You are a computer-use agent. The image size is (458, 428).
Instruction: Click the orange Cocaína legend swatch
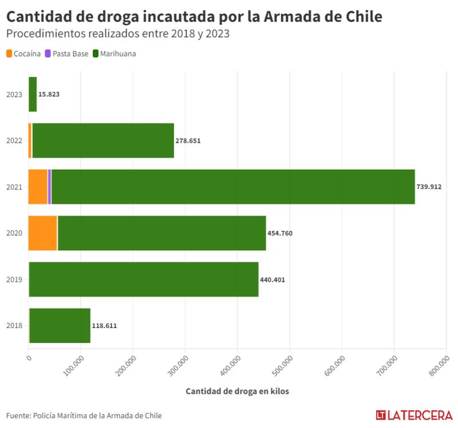(x=9, y=54)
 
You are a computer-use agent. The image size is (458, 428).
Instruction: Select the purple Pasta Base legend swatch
(x=49, y=54)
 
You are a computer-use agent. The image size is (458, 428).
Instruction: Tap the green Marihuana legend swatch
(x=96, y=54)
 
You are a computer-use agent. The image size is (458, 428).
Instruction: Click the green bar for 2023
(x=33, y=94)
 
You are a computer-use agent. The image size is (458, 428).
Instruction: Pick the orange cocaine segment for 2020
(x=43, y=233)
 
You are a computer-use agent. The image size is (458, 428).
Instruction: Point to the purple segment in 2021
(x=50, y=187)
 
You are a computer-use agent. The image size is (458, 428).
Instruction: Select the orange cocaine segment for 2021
(x=38, y=187)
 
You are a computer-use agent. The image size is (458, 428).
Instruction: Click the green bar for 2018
(x=60, y=325)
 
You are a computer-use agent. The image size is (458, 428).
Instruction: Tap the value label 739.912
(x=429, y=187)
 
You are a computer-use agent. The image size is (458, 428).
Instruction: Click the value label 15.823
(x=49, y=94)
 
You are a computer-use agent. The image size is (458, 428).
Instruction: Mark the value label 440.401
(x=273, y=279)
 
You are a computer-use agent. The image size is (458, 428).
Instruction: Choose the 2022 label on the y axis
(x=14, y=141)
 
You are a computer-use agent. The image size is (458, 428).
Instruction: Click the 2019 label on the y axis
(x=14, y=279)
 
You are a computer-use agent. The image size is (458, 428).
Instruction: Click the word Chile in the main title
(x=356, y=16)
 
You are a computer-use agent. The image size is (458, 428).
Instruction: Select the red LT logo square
(x=381, y=415)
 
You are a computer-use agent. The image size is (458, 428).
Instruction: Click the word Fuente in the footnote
(x=17, y=415)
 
